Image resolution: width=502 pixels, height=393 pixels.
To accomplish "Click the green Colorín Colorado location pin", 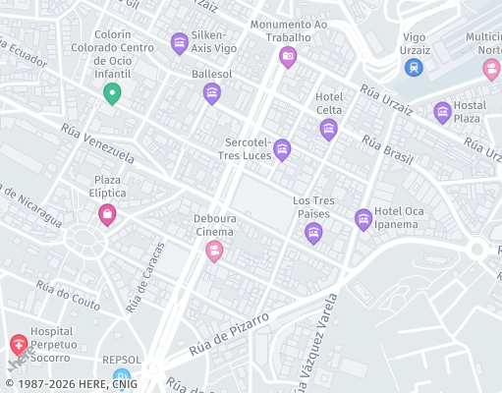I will tap(112, 93).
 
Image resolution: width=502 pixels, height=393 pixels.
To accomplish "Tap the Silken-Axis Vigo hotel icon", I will tap(179, 42).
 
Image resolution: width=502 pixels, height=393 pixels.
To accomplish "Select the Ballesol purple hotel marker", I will tap(211, 93).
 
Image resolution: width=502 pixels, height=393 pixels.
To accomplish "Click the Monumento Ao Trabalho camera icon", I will tap(288, 57).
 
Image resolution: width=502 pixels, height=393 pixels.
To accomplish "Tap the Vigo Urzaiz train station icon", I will tap(414, 67).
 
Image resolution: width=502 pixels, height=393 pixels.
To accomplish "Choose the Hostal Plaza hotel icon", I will tap(442, 112).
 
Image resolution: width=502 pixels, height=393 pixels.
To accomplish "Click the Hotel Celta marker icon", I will tap(328, 129).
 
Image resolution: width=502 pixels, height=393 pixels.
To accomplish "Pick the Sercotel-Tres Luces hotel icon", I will tap(282, 149).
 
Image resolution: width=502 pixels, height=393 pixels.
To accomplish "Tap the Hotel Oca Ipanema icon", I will tap(363, 219).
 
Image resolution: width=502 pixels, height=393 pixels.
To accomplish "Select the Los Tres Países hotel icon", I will tap(313, 233).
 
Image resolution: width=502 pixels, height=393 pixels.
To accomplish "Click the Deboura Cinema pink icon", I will tap(213, 253).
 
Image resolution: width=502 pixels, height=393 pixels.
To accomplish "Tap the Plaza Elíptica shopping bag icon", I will tap(107, 213).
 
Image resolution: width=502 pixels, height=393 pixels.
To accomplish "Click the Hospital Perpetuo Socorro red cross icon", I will tap(19, 345).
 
